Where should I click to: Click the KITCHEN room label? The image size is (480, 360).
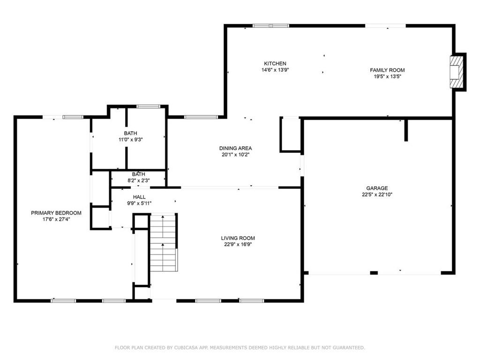(275, 64)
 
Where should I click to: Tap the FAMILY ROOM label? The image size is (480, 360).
(387, 70)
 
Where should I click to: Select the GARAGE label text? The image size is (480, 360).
(377, 188)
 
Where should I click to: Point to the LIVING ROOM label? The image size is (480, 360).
(238, 238)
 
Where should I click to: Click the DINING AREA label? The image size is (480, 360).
(235, 148)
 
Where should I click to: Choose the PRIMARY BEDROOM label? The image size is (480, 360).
(56, 213)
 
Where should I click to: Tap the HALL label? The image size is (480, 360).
(139, 197)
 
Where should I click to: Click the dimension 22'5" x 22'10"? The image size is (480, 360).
(377, 195)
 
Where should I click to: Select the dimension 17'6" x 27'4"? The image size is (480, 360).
(56, 219)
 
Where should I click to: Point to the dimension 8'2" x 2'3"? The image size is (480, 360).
(139, 180)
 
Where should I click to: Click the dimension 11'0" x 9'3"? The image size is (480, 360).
(131, 140)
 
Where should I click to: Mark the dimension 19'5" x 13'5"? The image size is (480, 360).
(387, 76)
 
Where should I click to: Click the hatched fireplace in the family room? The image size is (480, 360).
(456, 72)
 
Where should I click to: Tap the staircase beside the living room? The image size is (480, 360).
(164, 243)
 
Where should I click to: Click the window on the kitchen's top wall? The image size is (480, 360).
(270, 26)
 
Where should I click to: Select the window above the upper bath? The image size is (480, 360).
(148, 106)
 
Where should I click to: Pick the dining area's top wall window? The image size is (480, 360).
(201, 117)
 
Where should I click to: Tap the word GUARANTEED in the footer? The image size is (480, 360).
(349, 347)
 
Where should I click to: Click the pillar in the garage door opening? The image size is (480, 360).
(374, 273)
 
